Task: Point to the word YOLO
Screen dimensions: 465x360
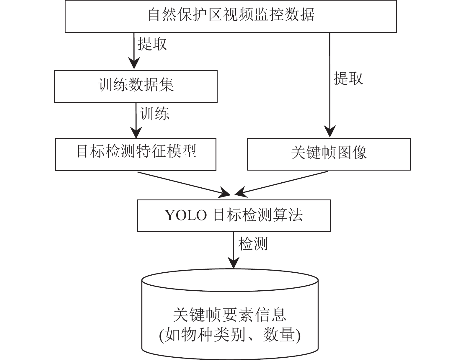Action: (x=186, y=215)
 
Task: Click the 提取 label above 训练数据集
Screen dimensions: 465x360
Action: (x=152, y=44)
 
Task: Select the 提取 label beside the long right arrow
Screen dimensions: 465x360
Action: (x=348, y=78)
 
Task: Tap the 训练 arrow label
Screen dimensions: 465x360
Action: (x=154, y=113)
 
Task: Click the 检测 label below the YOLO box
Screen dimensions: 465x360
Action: (x=253, y=243)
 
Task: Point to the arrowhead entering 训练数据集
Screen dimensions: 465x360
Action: (x=134, y=63)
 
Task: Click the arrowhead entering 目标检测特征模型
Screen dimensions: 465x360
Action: (x=136, y=132)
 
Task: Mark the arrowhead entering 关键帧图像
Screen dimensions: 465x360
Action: (x=330, y=131)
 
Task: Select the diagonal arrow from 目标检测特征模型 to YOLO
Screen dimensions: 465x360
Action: (x=184, y=184)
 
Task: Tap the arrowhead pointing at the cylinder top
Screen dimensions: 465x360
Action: (x=234, y=263)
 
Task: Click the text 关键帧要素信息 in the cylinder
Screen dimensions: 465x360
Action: (x=230, y=315)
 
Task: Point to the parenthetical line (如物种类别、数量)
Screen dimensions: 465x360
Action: (x=230, y=335)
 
